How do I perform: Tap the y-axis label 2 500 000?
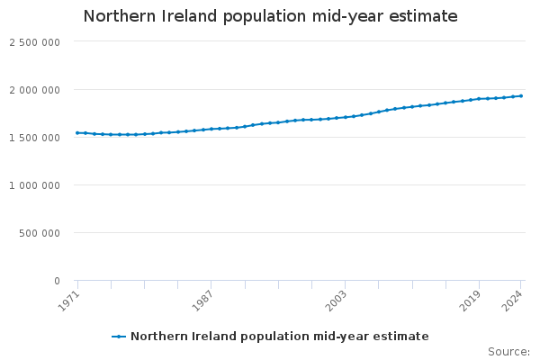point(34,42)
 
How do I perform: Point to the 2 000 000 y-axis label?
point(34,90)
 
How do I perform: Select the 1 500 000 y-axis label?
point(34,138)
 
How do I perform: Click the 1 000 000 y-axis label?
point(34,185)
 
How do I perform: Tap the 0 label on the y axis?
point(56,281)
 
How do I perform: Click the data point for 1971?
point(77,133)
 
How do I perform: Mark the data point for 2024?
point(521,96)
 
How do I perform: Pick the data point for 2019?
point(479,99)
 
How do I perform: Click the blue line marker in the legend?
point(119,337)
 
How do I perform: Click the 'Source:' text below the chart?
point(508,351)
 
